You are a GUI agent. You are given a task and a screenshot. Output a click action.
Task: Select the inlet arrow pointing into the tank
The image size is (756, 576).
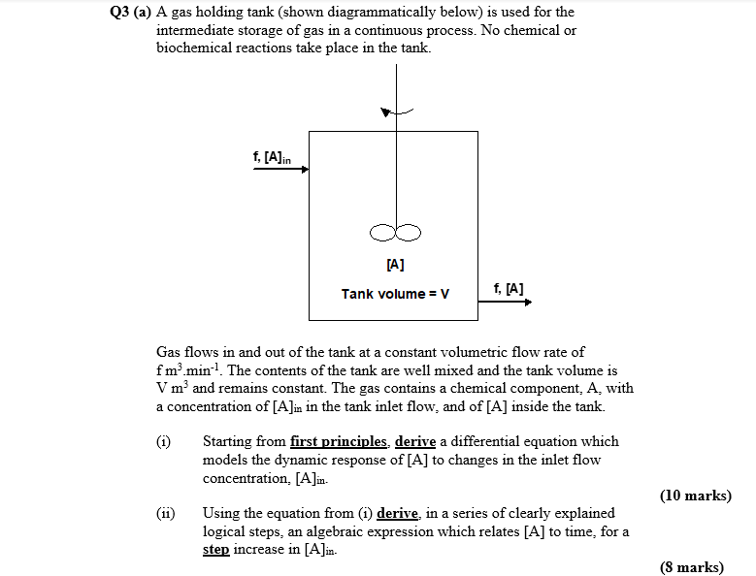coord(281,169)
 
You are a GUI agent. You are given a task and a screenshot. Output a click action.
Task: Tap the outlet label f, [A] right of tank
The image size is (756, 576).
coord(509,288)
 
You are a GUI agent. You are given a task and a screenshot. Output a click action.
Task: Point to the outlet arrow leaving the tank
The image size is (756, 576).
coord(506,303)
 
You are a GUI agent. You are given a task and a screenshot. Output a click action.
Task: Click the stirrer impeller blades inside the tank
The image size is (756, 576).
coord(395,231)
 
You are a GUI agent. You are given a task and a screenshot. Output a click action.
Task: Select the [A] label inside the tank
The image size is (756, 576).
coord(395,264)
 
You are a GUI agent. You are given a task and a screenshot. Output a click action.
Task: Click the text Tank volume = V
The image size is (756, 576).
coord(395,294)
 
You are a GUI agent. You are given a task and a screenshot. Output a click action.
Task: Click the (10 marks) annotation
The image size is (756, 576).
coord(695,496)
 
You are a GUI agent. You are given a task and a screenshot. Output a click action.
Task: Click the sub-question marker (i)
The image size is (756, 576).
coord(163,441)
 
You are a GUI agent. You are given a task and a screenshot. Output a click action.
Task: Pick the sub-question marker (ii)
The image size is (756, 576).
coord(165,513)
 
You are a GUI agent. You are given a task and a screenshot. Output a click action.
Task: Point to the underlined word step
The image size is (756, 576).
coord(216,550)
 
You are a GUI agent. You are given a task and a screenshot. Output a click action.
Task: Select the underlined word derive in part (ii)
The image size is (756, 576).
coord(398,513)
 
